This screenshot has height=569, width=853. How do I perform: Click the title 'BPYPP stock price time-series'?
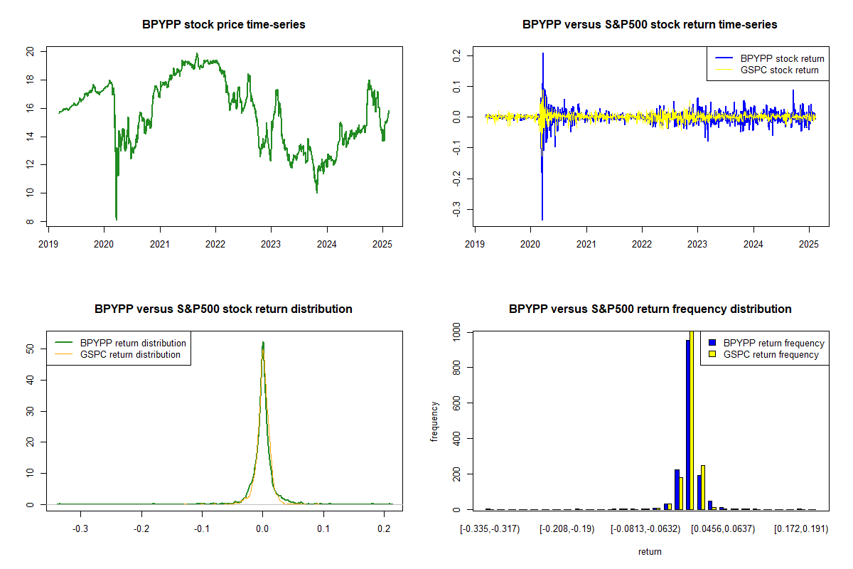[x=224, y=25]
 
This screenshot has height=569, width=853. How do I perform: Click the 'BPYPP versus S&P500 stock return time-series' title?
[x=650, y=25]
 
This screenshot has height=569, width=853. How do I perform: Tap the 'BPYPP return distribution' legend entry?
[x=133, y=343]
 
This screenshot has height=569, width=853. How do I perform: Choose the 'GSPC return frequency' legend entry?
[x=771, y=354]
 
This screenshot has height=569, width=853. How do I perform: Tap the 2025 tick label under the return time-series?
[x=809, y=242]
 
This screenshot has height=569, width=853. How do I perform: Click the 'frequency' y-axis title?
[x=434, y=422]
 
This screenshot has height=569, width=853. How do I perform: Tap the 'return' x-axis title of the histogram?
[x=650, y=551]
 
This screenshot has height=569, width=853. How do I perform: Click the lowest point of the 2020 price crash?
[x=116, y=219]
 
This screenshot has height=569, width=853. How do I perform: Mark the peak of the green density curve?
[x=263, y=343]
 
